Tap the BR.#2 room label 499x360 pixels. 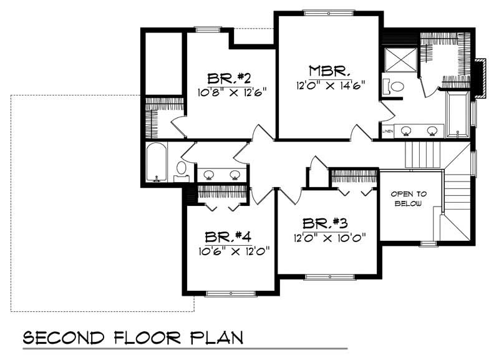pos(229,79)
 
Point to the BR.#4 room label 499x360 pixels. pos(228,238)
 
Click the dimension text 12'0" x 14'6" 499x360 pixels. pos(330,84)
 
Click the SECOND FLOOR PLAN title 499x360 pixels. pos(132,339)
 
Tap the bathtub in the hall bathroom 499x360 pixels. pos(156,162)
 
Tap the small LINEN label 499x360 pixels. pos(387,132)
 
